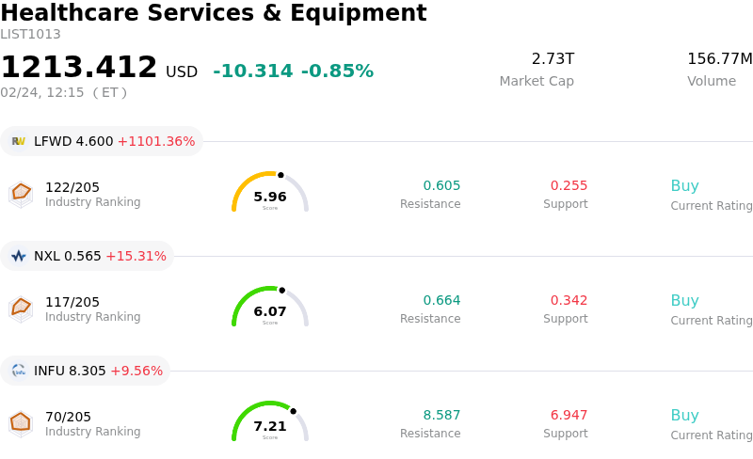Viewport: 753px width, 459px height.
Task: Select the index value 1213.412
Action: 79,68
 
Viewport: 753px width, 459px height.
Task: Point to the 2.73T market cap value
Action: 553,59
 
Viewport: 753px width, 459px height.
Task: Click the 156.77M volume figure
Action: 719,59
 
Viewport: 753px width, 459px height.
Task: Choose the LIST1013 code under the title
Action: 30,35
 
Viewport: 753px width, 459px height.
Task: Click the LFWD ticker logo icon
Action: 19,141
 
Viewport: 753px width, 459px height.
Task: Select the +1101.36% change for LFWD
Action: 156,142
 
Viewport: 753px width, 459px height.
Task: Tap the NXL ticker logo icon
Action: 19,256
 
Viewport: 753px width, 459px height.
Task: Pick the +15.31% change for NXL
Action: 136,257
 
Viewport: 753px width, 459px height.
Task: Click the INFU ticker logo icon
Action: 19,371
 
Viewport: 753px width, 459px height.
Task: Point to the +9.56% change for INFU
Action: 136,372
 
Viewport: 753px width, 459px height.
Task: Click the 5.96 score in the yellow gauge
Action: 270,197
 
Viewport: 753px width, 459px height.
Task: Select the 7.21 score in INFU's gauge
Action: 270,426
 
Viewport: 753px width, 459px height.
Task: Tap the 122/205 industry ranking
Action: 72,187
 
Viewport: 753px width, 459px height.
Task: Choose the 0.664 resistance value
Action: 441,301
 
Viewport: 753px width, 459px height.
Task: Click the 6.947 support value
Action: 569,416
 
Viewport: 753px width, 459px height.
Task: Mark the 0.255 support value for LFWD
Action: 569,186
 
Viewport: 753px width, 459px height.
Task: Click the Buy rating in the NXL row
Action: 684,301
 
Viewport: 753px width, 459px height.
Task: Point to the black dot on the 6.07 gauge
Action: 281,290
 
